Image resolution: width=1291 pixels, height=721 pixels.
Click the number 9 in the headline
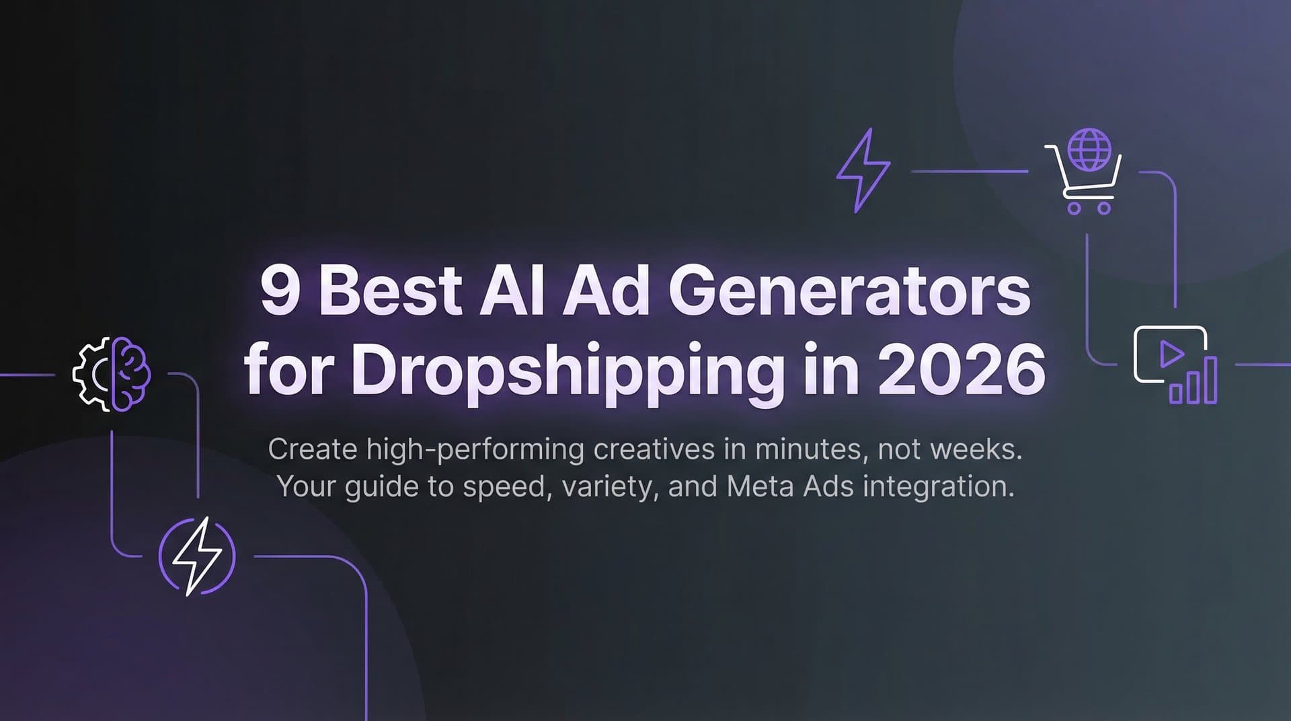pos(280,292)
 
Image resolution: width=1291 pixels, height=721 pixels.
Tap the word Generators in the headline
pos(849,292)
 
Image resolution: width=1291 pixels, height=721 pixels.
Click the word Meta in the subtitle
pos(760,486)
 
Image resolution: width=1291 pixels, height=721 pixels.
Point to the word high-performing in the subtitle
pos(475,449)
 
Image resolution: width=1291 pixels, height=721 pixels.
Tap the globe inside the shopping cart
pos(1090,149)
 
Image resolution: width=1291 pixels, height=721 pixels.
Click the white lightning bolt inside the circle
pos(196,556)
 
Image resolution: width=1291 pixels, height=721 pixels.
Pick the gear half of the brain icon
pos(92,374)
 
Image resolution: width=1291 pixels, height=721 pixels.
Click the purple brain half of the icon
pos(131,373)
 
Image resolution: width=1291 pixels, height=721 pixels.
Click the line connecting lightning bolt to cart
pos(969,172)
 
